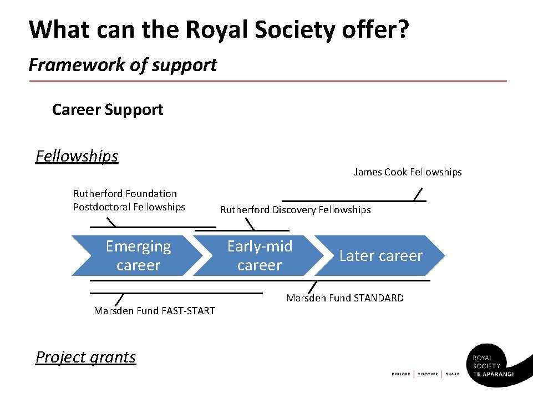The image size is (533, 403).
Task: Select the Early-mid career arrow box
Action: (x=260, y=255)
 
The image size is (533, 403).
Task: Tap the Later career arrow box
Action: (x=380, y=255)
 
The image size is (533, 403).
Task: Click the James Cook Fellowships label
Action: (x=408, y=172)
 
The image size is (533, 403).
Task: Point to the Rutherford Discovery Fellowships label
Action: (x=296, y=210)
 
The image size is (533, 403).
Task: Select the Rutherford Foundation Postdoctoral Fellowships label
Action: (x=129, y=200)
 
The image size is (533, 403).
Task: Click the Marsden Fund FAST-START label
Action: (x=154, y=311)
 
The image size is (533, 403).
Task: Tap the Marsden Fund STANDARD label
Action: (x=345, y=298)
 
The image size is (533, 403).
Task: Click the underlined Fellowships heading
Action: (x=77, y=156)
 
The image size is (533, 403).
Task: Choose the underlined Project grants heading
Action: (x=85, y=357)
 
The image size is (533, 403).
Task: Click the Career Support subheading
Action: (x=108, y=109)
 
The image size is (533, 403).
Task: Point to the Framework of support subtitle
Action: (x=123, y=65)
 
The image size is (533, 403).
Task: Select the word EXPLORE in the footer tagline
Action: (x=400, y=374)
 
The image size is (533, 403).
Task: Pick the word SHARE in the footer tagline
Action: (x=453, y=374)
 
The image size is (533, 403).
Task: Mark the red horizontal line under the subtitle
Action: (x=267, y=81)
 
